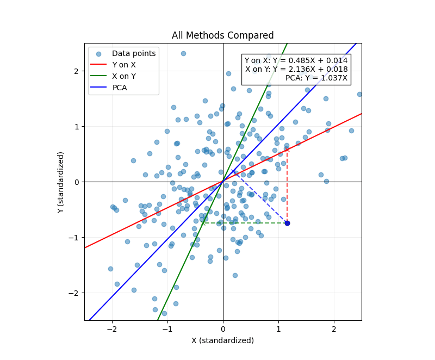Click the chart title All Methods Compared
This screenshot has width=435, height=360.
(223, 36)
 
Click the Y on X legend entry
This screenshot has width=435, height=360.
(124, 65)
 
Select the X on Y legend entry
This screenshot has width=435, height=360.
(124, 76)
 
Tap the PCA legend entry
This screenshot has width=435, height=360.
(120, 88)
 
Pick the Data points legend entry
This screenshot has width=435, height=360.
(134, 53)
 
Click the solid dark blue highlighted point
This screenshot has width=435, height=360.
(287, 223)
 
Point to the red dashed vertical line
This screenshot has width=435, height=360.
(287, 185)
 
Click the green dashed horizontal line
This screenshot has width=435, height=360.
(245, 223)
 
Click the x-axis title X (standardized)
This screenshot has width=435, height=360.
(223, 340)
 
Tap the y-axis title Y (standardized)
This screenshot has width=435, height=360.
(61, 182)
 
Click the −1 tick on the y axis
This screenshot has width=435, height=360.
(75, 237)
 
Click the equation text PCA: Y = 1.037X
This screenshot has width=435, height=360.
(316, 78)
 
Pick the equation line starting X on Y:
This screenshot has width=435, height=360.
(296, 70)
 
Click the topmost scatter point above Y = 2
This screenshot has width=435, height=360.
(183, 53)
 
